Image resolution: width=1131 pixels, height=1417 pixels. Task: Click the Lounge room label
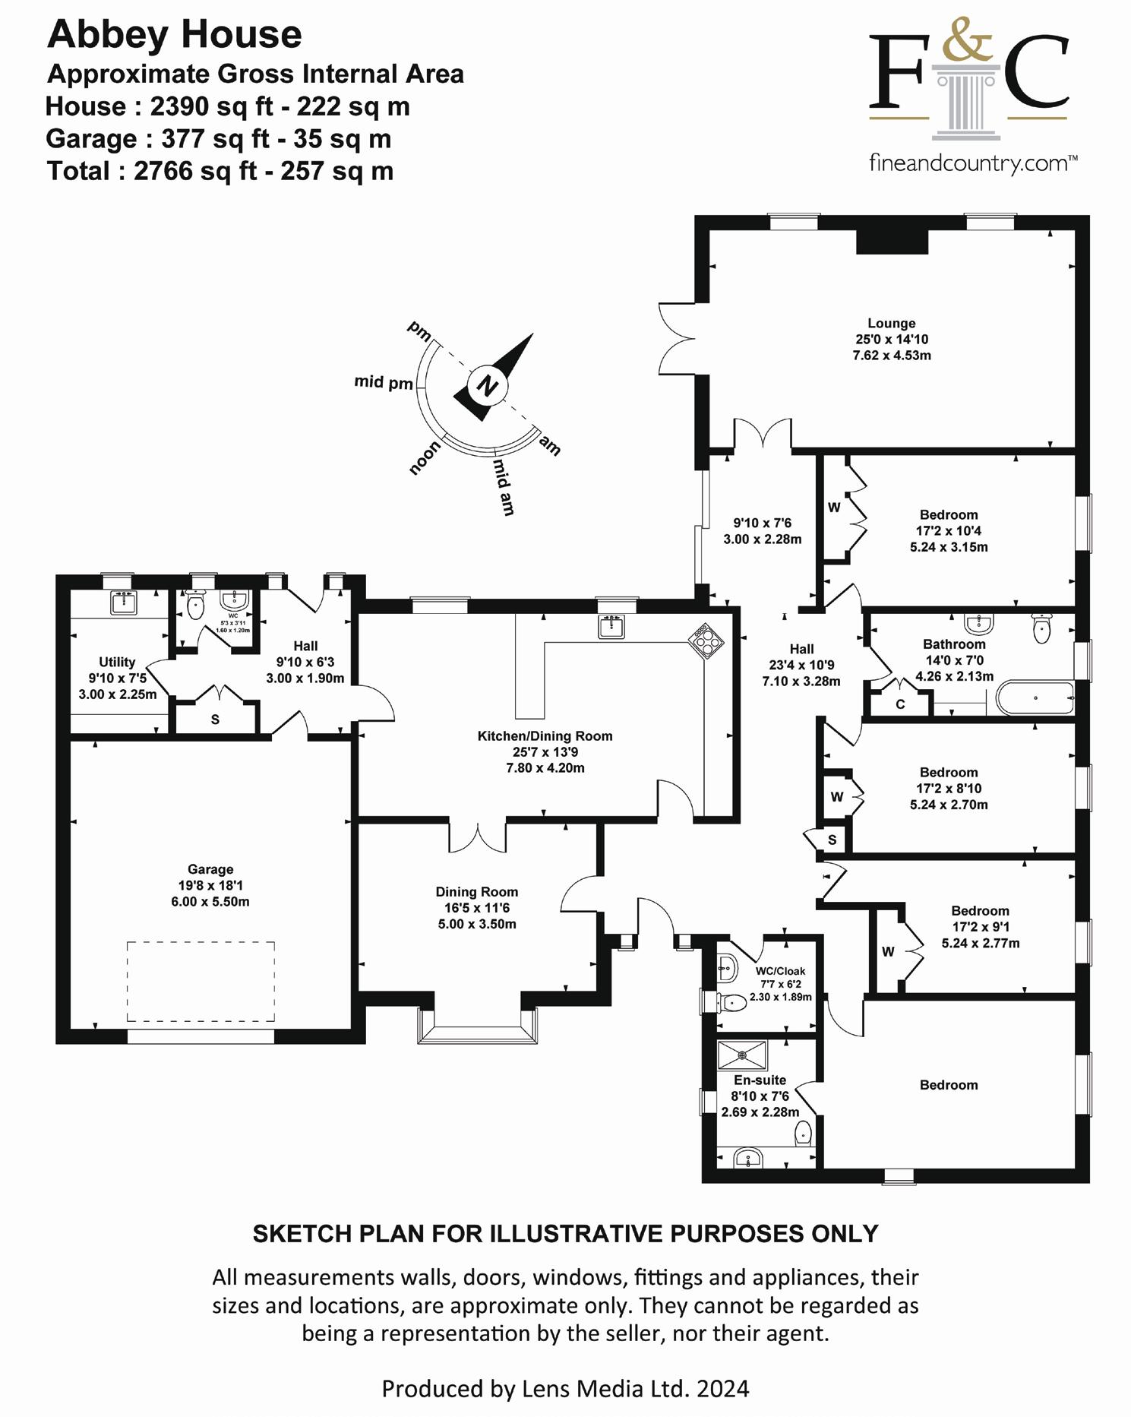[892, 324]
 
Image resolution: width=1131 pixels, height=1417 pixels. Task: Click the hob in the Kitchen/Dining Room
[706, 640]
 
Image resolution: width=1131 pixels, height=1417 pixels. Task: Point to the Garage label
[210, 869]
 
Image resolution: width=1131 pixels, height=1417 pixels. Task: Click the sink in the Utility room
[122, 603]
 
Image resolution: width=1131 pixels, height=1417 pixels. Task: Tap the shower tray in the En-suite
[742, 1055]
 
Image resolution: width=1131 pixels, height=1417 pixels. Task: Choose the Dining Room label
[476, 892]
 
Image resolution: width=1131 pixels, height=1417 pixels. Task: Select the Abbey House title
[175, 35]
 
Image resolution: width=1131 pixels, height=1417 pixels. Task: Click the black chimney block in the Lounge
[892, 242]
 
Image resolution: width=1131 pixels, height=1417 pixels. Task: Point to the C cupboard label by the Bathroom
[900, 704]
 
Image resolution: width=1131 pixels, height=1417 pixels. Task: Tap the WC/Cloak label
[780, 971]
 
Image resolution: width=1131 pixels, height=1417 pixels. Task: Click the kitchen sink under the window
[611, 627]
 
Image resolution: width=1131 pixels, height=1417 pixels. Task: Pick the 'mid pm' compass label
[384, 382]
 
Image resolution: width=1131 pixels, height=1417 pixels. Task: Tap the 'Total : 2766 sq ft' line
[220, 171]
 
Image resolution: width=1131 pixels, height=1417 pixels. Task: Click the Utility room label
[117, 662]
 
